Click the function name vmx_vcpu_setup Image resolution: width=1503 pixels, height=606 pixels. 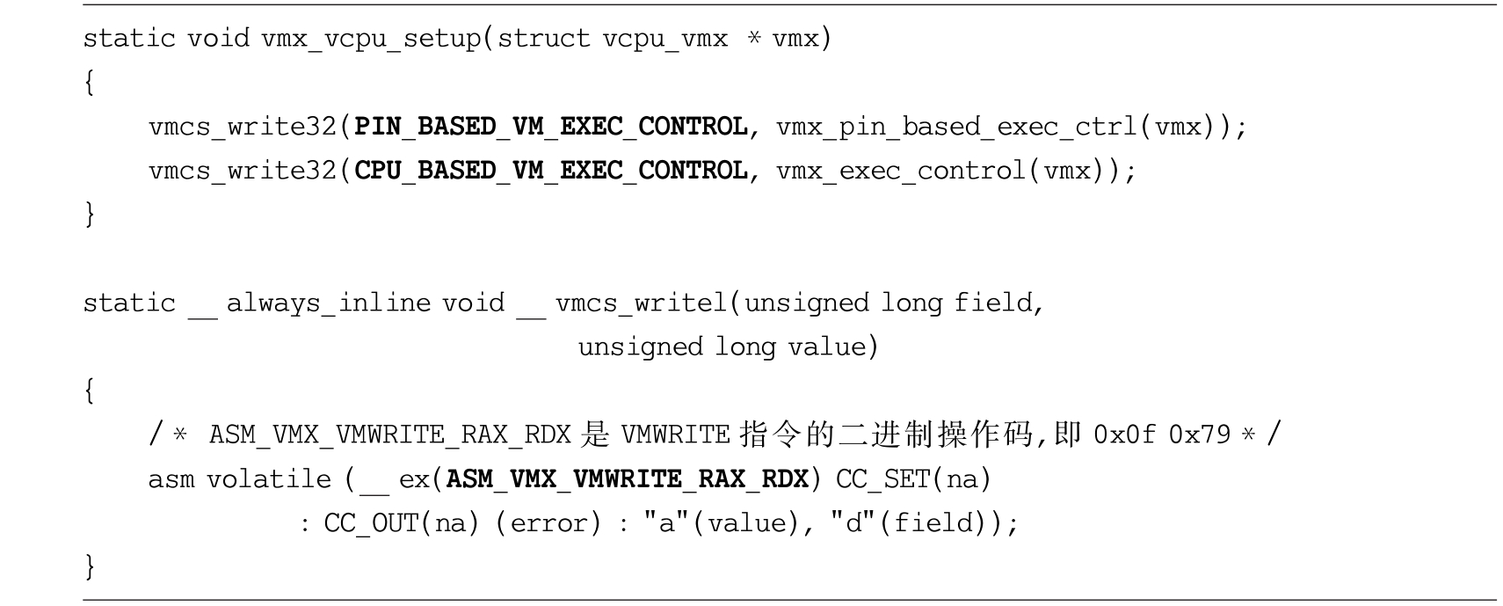tap(371, 39)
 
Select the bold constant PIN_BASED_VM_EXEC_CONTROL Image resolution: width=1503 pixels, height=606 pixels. tap(551, 127)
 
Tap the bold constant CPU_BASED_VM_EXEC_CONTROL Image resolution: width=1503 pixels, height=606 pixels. tap(551, 172)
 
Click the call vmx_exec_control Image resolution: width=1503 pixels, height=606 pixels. tap(901, 172)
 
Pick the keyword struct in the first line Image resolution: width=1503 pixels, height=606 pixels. tap(543, 38)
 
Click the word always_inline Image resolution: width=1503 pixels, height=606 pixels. tap(329, 303)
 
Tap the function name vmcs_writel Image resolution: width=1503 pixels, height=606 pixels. tap(641, 303)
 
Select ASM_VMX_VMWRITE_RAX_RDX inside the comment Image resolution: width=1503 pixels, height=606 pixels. tap(390, 435)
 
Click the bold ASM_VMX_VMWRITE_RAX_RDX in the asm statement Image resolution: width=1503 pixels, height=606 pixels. tap(628, 480)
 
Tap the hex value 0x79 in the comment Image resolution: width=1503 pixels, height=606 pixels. tap(1200, 434)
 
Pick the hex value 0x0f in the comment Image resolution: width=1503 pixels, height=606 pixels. tap(1124, 434)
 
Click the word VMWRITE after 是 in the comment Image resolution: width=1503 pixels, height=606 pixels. tap(676, 434)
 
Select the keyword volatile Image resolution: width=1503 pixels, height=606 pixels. tap(269, 479)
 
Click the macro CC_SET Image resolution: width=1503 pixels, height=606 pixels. tap(883, 480)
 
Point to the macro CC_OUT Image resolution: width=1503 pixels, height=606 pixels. tap(372, 524)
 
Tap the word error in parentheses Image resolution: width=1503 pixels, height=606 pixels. tap(548, 523)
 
